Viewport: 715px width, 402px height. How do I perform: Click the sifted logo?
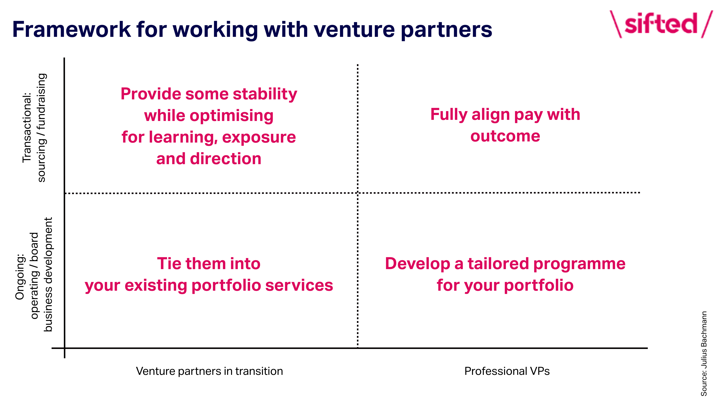(x=661, y=24)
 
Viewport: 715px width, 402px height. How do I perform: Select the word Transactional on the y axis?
(x=27, y=128)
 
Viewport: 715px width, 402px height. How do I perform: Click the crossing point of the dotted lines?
(x=357, y=193)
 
